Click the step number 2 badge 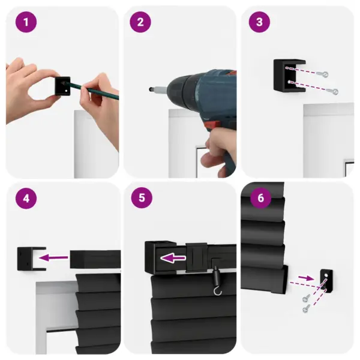[140, 23]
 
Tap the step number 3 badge [259, 23]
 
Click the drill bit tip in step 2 [149, 89]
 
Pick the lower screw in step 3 [334, 91]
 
